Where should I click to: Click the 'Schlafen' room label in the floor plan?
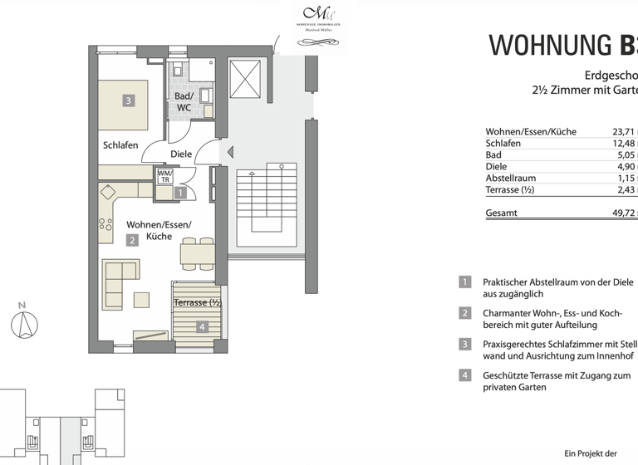point(120,145)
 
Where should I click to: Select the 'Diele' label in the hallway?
point(180,154)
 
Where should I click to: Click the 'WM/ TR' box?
point(165,176)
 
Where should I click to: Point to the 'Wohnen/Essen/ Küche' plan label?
point(158,230)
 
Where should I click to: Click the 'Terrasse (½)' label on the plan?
point(197,302)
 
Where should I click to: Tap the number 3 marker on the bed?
point(128,101)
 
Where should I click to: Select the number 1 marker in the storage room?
point(181,193)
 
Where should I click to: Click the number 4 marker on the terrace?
point(202,327)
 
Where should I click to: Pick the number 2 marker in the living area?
point(131,241)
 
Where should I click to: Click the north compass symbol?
point(25,322)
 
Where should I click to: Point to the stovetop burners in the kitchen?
point(106,223)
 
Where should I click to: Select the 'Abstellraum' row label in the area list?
point(510,178)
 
